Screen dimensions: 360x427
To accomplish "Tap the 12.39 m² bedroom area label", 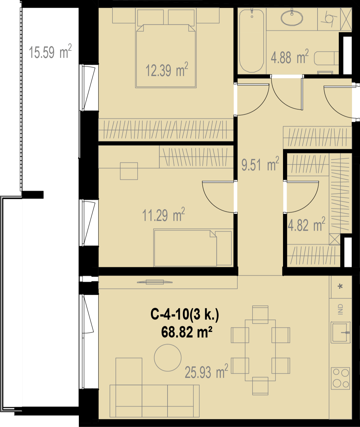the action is (x=167, y=70).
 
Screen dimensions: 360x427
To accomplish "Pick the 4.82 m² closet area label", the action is (x=306, y=224).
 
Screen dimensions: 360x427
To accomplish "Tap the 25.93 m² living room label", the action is (x=206, y=371).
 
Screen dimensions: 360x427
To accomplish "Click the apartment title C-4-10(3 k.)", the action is (x=185, y=314).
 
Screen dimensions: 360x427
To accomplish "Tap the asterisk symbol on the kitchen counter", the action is (x=340, y=287).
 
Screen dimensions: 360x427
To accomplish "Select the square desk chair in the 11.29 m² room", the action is (x=129, y=171).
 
